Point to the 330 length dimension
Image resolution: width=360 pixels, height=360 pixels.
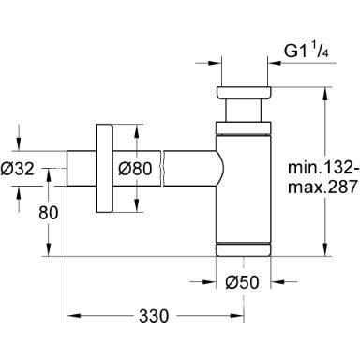[167, 317]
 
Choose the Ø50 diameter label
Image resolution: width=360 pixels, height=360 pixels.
[243, 280]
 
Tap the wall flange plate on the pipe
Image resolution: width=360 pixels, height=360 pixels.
[107, 170]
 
